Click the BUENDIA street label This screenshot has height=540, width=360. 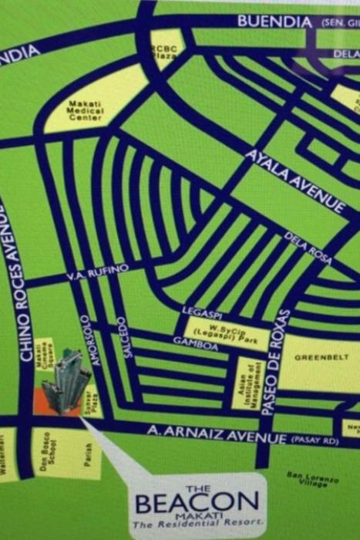pyautogui.click(x=274, y=22)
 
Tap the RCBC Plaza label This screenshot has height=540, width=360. pyautogui.click(x=163, y=51)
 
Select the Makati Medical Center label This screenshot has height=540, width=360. pyautogui.click(x=85, y=110)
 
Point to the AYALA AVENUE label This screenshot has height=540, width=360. pyautogui.click(x=295, y=182)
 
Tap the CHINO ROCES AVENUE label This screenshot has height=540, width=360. pyautogui.click(x=22, y=292)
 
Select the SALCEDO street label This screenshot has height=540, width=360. pyautogui.click(x=120, y=336)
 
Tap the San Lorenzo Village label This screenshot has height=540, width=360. pyautogui.click(x=307, y=479)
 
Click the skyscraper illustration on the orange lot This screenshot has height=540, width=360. pyautogui.click(x=65, y=381)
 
